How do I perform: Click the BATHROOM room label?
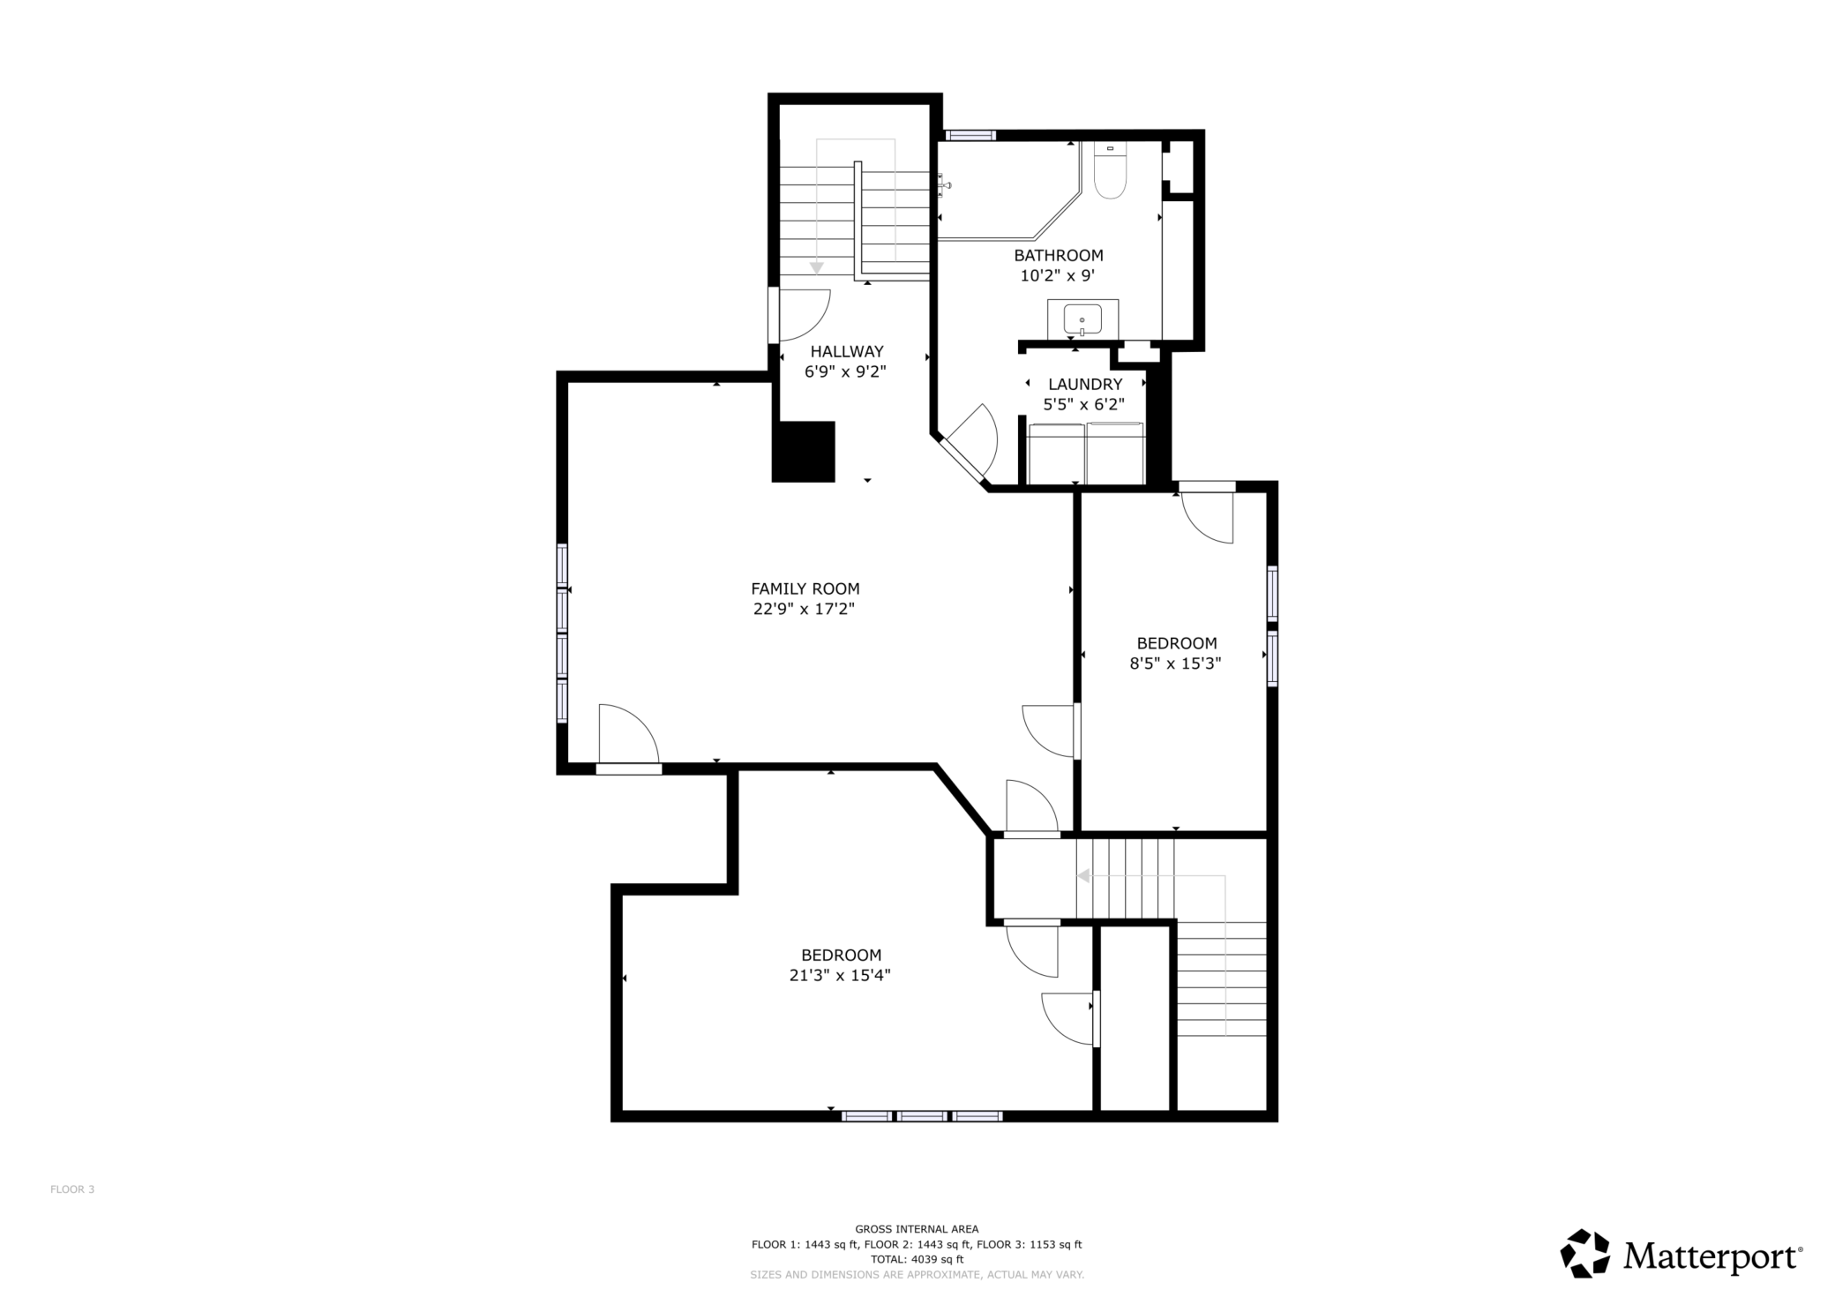(x=1058, y=256)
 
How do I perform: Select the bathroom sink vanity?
(x=1082, y=319)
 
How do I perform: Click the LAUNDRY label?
(x=1084, y=385)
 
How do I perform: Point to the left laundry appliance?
(x=1057, y=454)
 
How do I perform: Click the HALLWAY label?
(x=846, y=352)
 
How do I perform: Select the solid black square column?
(x=803, y=452)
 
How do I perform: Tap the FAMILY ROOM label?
(x=805, y=589)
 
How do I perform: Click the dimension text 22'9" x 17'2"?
(x=804, y=609)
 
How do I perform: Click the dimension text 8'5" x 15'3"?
(x=1175, y=663)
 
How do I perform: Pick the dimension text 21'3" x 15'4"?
(x=840, y=975)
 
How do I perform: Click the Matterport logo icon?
(x=1584, y=1253)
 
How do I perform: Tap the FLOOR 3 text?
(x=72, y=1189)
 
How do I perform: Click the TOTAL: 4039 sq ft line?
(x=917, y=1259)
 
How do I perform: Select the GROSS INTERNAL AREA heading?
(x=917, y=1229)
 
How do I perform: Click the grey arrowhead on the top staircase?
(x=817, y=267)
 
